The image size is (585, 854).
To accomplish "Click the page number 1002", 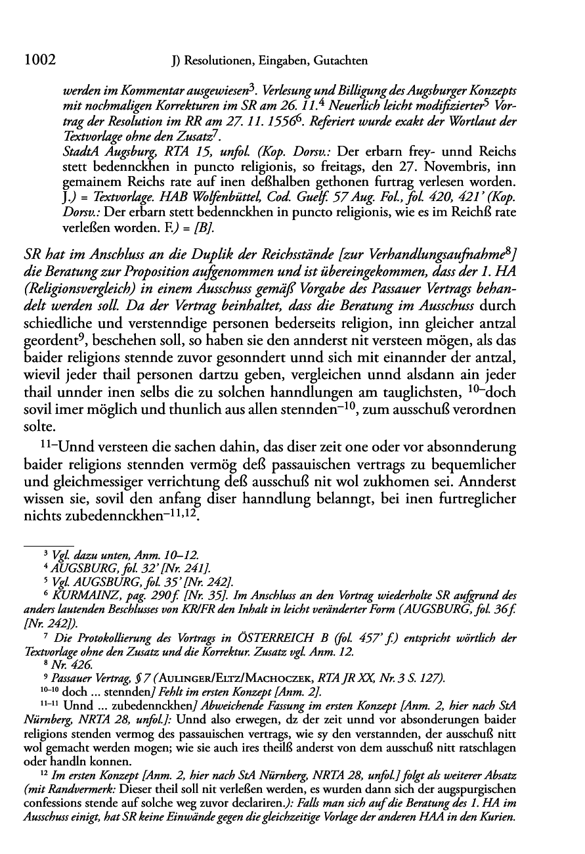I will click(x=37, y=61).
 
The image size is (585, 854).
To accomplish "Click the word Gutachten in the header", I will click(x=340, y=62).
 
